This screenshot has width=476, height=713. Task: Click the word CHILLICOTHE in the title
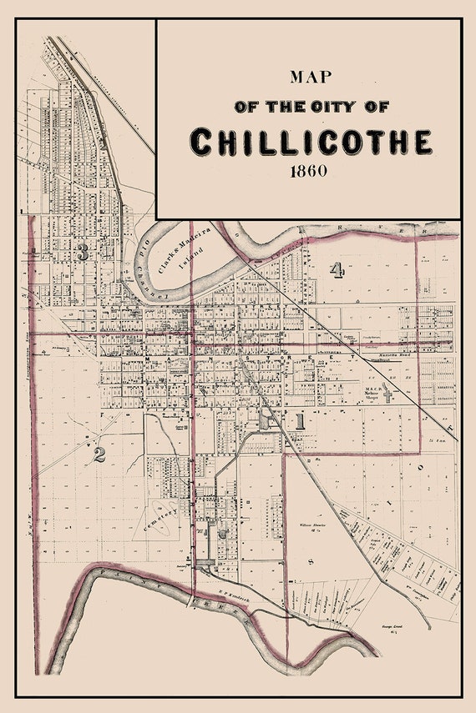311,142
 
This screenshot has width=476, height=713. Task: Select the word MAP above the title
310,77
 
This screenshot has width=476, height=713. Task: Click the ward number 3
82,253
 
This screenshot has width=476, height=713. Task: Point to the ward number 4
337,269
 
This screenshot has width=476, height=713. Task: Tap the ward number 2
99,454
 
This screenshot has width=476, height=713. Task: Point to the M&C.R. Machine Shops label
372,393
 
